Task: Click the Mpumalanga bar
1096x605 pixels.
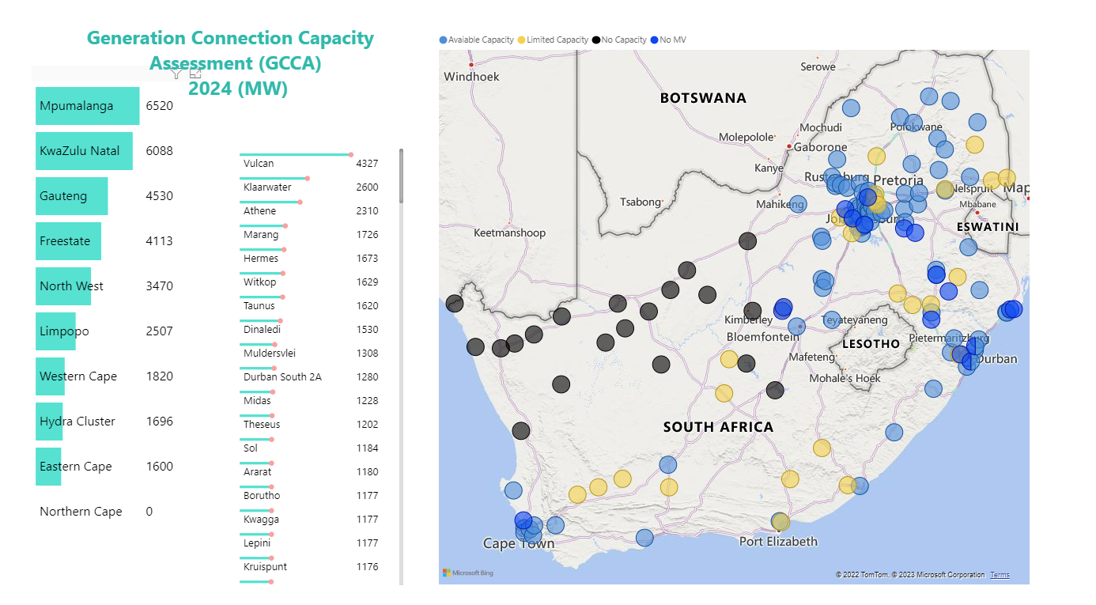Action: [x=87, y=106]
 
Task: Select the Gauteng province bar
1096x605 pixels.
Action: [x=71, y=196]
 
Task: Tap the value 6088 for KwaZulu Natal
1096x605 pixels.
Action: [x=159, y=151]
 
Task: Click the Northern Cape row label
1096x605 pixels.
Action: [x=81, y=512]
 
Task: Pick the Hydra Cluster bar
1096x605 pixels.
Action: [x=50, y=422]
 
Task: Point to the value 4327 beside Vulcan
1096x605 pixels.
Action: [x=367, y=164]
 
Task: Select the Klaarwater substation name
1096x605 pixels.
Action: [x=267, y=187]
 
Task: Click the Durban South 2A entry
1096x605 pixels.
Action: [x=282, y=377]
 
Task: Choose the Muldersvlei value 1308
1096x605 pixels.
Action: [x=367, y=354]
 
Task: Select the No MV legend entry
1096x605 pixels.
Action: [x=669, y=40]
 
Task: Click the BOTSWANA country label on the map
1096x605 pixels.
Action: [x=703, y=98]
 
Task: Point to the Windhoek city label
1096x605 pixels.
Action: [x=472, y=77]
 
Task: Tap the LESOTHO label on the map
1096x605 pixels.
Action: [x=871, y=344]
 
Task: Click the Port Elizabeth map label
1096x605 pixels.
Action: [x=778, y=542]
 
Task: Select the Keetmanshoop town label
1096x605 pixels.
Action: [x=509, y=233]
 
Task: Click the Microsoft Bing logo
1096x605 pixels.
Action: [x=468, y=573]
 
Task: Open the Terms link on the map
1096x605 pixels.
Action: [x=1000, y=575]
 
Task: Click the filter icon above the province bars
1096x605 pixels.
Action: [x=177, y=74]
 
